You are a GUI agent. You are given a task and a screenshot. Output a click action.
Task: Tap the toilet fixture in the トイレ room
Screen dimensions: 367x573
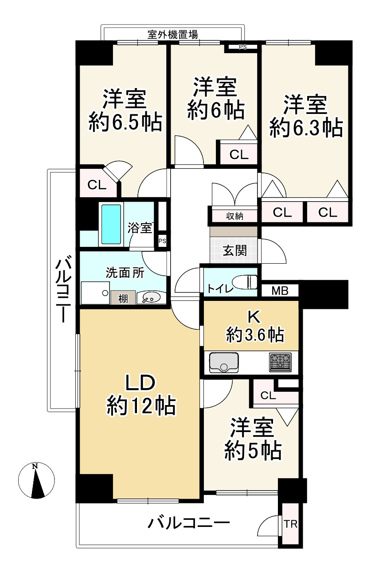pos(246,282)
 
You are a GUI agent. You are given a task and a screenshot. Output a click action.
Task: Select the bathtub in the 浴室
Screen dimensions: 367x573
pos(111,224)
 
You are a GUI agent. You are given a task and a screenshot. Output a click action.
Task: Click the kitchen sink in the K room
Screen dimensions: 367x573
pos(224,363)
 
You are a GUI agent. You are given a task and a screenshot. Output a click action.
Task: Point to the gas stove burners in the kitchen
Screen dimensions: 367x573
pos(280,362)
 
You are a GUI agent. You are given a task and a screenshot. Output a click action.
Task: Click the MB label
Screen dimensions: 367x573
pos(280,291)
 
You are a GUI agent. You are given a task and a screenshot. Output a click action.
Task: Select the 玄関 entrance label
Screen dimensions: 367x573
pos(234,250)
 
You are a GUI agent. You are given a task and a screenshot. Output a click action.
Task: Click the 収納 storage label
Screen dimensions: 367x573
pos(234,216)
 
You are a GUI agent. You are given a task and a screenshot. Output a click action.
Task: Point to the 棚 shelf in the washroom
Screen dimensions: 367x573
pos(123,298)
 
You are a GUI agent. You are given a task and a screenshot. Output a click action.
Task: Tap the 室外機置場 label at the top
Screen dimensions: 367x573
pos(172,34)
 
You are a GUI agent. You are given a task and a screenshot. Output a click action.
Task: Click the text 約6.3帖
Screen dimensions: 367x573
pos(306,127)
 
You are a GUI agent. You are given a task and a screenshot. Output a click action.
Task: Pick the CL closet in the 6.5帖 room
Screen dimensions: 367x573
pos(97,185)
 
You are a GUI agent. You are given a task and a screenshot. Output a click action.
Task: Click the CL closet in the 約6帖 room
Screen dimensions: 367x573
pos(239,155)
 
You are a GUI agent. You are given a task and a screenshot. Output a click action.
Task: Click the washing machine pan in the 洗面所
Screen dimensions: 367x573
pos(95,293)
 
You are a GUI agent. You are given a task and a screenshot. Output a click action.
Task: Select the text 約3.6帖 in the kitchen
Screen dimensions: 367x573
pos(255,334)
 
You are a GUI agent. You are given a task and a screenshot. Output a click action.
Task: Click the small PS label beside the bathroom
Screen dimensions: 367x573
pos(162,241)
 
